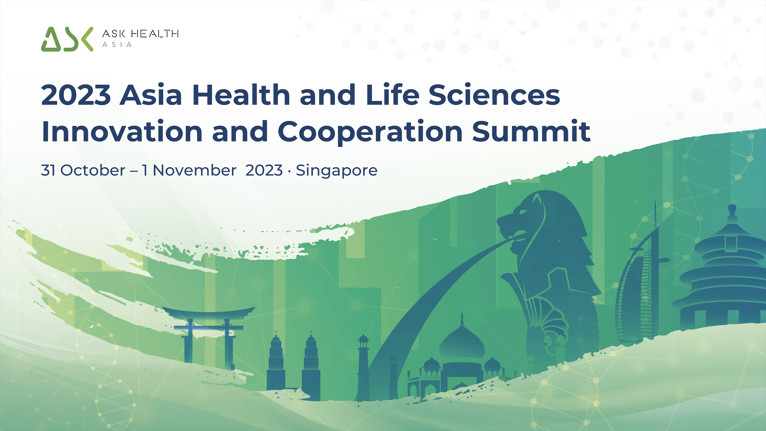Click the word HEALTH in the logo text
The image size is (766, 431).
(x=155, y=34)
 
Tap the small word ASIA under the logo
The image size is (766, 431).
(x=117, y=45)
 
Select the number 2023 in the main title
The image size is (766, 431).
(x=76, y=95)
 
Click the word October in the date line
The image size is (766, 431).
(x=93, y=171)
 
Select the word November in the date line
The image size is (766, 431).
(x=195, y=171)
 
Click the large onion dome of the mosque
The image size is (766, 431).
(x=462, y=342)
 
